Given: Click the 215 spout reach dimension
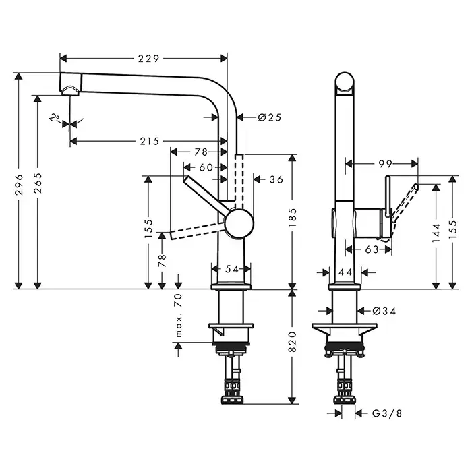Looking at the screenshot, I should pos(149,141).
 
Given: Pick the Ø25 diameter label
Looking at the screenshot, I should pos(269,117).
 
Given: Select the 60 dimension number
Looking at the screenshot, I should pos(205,167).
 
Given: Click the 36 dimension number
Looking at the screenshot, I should pos(276,179).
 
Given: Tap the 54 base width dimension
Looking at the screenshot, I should pos(232,268).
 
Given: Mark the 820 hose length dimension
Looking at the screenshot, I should pos(293,346).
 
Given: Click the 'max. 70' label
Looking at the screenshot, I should pos(179,316).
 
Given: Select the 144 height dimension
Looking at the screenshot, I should pos(438,231).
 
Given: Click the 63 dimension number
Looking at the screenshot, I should pos(370,249).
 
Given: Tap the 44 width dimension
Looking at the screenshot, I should pos(345,272).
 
